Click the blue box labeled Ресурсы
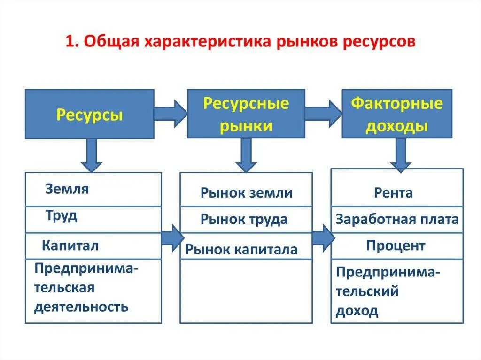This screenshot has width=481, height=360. (x=89, y=115)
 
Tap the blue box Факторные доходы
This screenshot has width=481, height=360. (x=397, y=114)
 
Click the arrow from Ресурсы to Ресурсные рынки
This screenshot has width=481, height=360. (x=171, y=113)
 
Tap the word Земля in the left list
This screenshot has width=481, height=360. (x=67, y=189)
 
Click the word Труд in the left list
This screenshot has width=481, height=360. (x=62, y=216)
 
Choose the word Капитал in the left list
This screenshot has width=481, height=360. (x=70, y=245)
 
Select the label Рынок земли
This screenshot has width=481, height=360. (x=246, y=193)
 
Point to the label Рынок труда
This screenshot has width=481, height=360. (x=244, y=219)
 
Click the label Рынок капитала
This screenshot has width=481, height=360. (x=241, y=249)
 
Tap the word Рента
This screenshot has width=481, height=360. (x=394, y=192)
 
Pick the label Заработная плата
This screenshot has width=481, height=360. (x=397, y=219)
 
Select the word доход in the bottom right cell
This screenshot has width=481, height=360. (x=357, y=311)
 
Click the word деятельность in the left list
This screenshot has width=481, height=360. (x=81, y=307)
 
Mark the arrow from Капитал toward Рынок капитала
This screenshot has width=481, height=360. (x=172, y=237)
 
